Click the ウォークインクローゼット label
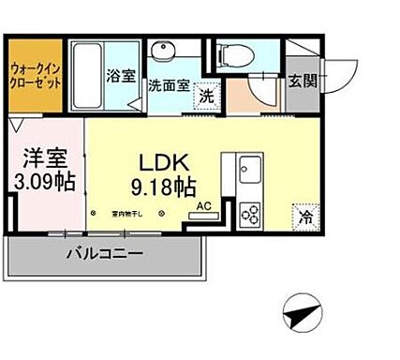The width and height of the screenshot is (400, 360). [x=37, y=73]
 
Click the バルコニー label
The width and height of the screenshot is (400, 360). [x=105, y=254]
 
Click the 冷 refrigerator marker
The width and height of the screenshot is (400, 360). [x=305, y=214]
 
